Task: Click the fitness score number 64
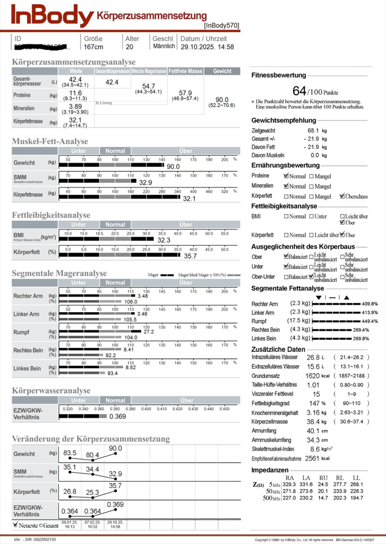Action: point(300,91)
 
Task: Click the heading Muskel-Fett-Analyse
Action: point(50,141)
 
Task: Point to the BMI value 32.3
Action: point(164,240)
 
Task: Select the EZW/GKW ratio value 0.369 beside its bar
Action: point(118,416)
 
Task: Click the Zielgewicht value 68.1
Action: point(315,131)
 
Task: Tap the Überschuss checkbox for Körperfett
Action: point(343,197)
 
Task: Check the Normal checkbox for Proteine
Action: point(286,176)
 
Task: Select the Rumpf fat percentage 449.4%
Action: point(369,321)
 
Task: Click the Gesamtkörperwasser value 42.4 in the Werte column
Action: point(75,80)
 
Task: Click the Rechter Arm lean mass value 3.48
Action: point(143,296)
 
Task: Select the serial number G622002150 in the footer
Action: point(39,538)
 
